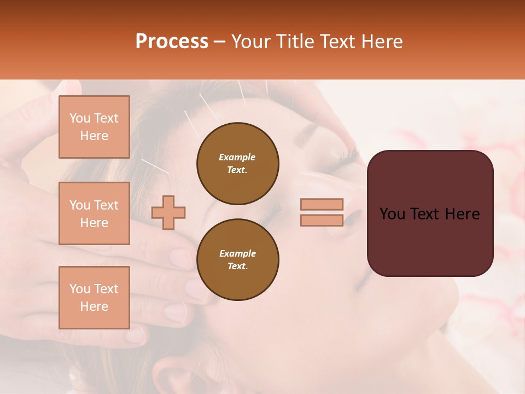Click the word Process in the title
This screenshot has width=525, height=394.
click(x=172, y=42)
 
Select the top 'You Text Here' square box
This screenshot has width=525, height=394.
click(x=94, y=127)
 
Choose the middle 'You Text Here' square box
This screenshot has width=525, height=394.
click(x=94, y=213)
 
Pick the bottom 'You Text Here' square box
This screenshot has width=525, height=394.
click(x=94, y=298)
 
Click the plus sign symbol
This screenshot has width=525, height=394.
click(x=168, y=212)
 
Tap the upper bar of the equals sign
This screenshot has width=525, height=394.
click(x=322, y=204)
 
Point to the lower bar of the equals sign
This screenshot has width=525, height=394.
click(x=322, y=221)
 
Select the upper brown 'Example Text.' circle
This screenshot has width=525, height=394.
click(x=238, y=164)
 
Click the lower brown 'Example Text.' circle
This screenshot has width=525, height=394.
click(x=238, y=260)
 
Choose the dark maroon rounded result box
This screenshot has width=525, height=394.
click(x=430, y=213)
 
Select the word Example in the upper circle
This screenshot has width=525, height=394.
click(x=237, y=158)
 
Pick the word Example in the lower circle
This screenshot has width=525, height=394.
click(x=237, y=254)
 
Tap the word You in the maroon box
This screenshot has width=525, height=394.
click(x=392, y=214)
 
